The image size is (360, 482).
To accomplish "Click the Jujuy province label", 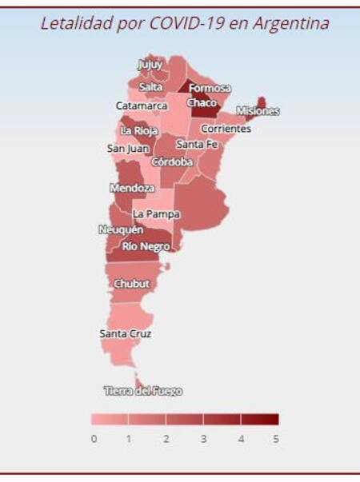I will [x=150, y=64].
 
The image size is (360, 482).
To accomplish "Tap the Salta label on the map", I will [x=150, y=86].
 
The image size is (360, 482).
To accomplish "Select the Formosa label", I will [x=210, y=88].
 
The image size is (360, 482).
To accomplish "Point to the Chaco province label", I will [x=202, y=103].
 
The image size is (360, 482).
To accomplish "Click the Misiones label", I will [x=258, y=111].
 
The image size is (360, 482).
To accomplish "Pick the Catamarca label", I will [x=142, y=106].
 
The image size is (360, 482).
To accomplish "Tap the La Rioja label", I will [x=139, y=130].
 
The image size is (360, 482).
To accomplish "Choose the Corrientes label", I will [x=226, y=129].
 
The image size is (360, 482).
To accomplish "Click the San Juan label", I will [x=127, y=148].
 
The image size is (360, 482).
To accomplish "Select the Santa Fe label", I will [x=197, y=145].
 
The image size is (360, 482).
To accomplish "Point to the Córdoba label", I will [x=172, y=161].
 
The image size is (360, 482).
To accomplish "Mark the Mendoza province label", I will [x=132, y=188].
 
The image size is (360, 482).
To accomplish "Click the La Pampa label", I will [x=156, y=214].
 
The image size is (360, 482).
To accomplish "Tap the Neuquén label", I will [x=121, y=229].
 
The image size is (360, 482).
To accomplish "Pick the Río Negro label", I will [x=146, y=246].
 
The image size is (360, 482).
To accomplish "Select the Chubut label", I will [x=131, y=284].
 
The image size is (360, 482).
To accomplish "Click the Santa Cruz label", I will [x=126, y=333].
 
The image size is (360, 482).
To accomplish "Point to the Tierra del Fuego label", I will [x=143, y=391].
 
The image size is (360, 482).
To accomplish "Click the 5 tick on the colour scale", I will [x=276, y=439].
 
